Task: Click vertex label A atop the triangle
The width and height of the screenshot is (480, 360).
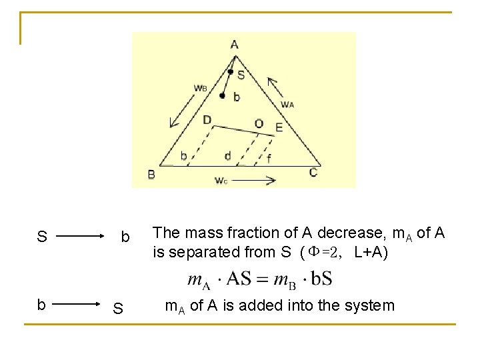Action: click(235, 45)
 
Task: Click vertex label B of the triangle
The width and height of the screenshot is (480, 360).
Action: click(152, 175)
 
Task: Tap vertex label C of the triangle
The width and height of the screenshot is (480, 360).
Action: click(313, 173)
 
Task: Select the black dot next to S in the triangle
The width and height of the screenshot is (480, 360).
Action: click(230, 71)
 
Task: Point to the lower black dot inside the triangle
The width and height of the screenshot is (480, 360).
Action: click(222, 96)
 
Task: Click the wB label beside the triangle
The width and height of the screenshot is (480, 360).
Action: click(200, 87)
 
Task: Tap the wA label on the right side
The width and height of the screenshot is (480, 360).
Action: click(287, 104)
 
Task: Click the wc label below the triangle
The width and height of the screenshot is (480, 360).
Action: click(221, 180)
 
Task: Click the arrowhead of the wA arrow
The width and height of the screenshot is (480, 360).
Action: click(270, 81)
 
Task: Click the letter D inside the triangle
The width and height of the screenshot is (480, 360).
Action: click(207, 120)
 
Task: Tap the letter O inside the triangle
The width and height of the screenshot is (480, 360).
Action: click(259, 123)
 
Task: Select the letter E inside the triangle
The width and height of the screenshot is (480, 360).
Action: click(279, 127)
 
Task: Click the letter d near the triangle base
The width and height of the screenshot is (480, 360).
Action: click(228, 156)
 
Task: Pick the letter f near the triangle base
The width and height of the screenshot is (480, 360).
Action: click(269, 158)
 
